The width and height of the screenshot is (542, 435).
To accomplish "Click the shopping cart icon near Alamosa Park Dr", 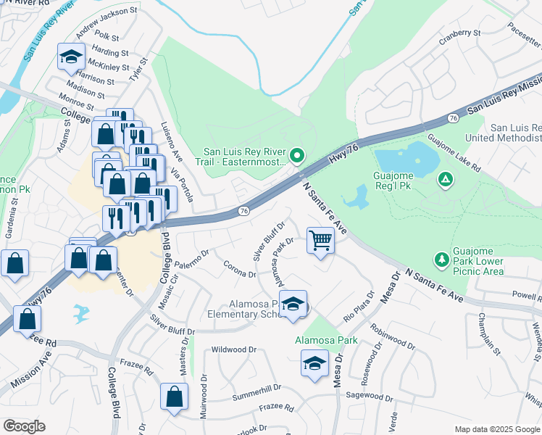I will [320, 240].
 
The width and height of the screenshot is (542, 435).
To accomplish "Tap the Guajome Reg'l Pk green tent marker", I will [445, 178].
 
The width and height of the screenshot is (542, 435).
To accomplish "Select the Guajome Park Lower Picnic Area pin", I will [441, 259].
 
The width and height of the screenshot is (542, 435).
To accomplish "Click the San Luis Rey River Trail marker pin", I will [296, 155].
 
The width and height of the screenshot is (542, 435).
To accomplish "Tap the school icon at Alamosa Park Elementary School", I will [293, 304].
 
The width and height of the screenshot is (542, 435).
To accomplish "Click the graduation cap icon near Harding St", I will [71, 56].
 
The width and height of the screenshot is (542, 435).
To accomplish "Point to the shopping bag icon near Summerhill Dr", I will [174, 396].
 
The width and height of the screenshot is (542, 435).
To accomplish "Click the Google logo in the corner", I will [24, 426].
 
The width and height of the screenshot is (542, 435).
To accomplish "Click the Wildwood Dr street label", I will [234, 349].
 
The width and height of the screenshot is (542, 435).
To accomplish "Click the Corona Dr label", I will [239, 270].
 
